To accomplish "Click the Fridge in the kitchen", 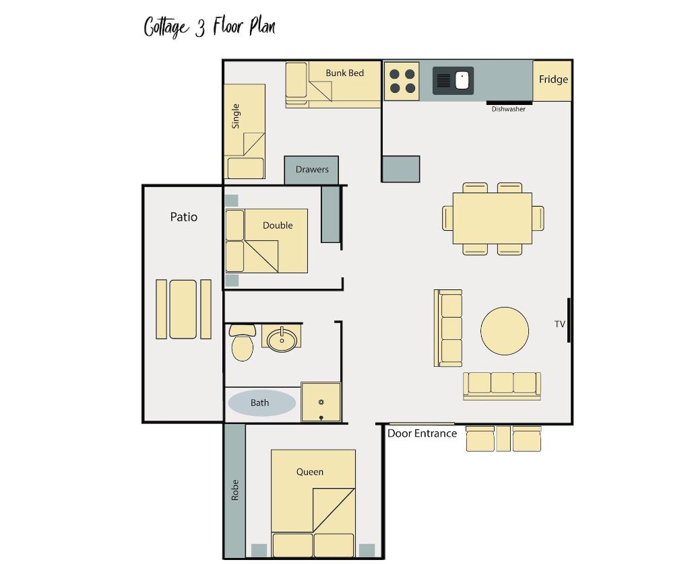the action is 553,81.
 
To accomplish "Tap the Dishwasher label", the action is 508,109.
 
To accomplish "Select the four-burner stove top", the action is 402,81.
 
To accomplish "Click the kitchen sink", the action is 453,81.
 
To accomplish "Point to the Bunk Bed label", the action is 344,73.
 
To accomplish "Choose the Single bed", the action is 245,131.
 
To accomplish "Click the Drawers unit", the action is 311,170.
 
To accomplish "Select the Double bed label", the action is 278,225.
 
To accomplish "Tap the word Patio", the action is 183,217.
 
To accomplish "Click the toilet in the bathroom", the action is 242,343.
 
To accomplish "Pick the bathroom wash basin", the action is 282,339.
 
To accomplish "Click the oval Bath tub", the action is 261,402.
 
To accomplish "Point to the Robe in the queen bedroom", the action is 234,491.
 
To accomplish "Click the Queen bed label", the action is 310,472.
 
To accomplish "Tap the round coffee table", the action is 505,331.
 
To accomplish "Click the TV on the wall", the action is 569,320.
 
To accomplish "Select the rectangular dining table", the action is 493,218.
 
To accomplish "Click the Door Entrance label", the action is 422,433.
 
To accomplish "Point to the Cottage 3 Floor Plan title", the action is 210,27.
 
